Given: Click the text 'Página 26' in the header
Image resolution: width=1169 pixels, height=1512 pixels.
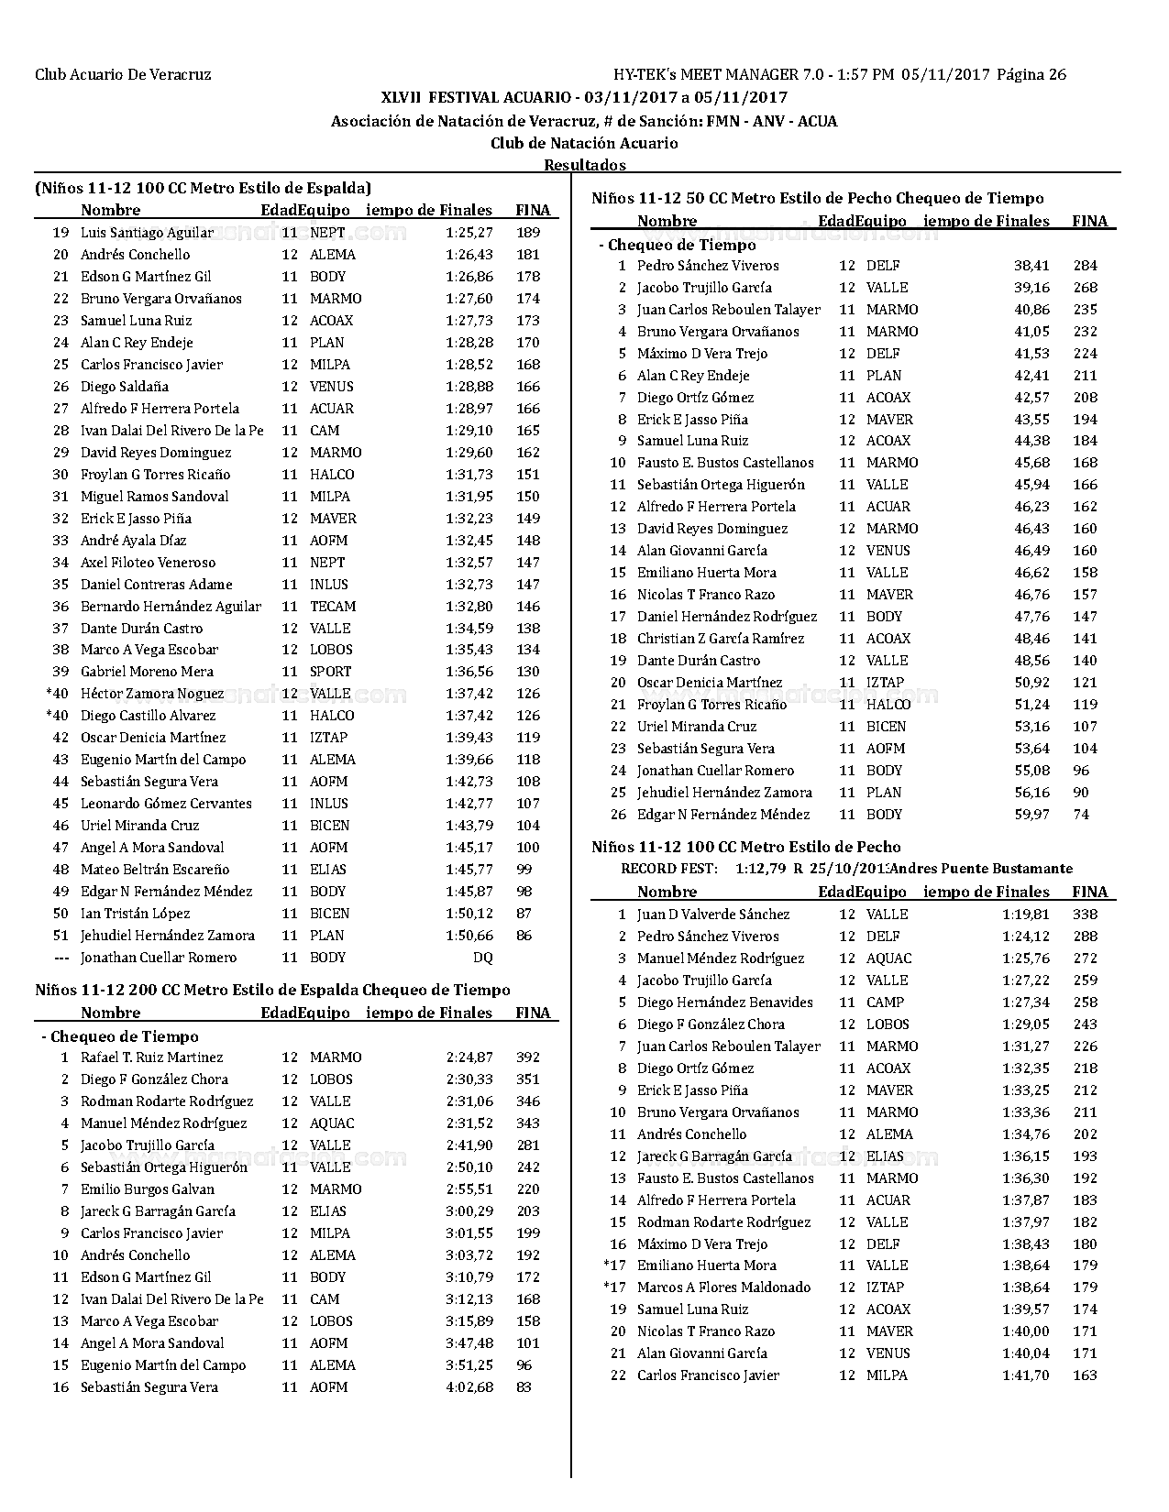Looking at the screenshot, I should point(1031,75).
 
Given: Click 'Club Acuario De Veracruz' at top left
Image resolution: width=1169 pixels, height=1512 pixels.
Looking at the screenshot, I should point(123,75).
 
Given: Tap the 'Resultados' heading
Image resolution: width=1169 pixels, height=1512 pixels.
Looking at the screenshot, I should point(585,165).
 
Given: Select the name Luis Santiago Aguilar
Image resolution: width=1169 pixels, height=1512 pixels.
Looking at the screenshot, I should point(147,233).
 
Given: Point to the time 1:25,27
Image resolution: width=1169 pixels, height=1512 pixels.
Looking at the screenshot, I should point(469,233).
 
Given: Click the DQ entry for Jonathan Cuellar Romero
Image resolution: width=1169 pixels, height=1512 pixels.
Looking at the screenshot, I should point(482,958).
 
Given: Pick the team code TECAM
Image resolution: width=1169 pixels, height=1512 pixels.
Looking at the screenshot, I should point(333,607).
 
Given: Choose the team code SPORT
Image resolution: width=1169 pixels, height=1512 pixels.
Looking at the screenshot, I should point(330,672).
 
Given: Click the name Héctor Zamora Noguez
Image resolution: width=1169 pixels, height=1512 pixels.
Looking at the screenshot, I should point(152,694).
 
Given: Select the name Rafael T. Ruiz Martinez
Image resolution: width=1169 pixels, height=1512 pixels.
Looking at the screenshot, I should point(151,1057).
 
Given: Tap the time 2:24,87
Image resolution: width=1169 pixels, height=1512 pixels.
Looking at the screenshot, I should point(469,1057).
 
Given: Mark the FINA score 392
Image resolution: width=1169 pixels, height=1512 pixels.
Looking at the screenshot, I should point(528,1057).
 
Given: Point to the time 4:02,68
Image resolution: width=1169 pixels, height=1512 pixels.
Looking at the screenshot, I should point(469,1387).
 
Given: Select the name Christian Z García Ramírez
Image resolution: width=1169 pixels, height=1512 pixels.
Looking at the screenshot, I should point(721,639).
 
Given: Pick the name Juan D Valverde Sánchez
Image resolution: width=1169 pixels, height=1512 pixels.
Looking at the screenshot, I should point(713,915).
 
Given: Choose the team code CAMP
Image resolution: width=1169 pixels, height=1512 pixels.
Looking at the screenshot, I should point(885,1003).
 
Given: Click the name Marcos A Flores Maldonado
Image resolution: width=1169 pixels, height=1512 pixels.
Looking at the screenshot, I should point(723,1287).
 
